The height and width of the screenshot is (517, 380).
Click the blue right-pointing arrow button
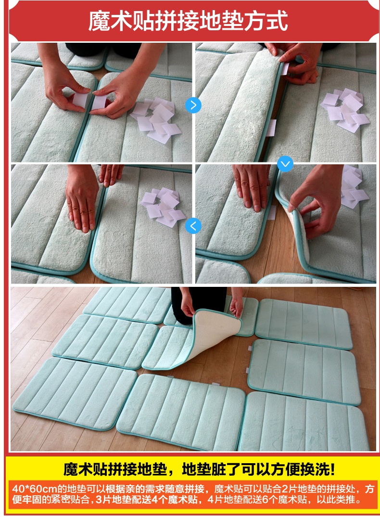[x=193, y=105]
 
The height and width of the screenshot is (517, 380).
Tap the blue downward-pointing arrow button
[x=285, y=163]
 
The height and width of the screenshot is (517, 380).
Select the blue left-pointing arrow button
[x=193, y=226]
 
